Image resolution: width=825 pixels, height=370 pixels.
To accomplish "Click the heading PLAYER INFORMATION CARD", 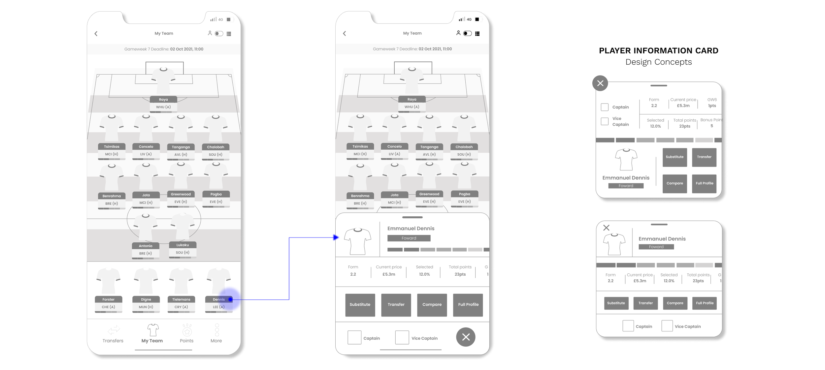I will pos(658,50).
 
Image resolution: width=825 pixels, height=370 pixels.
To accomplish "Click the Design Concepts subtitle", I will pos(658,62).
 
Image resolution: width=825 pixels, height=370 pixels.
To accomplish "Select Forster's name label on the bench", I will pos(109,299).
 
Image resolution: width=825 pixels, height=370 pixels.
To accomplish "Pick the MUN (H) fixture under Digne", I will pos(146,307).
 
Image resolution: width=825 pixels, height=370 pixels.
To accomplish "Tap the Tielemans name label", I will pos(181,299).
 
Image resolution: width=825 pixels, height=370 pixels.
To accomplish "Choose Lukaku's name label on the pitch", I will pos(182,245).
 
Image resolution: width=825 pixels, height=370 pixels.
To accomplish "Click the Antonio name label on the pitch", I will pos(146,246).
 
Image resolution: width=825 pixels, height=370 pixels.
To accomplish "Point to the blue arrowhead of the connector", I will pos(336,237).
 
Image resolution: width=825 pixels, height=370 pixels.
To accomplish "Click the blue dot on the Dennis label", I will pos(230,299).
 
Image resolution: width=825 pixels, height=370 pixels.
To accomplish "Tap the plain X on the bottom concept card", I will pos(606,228).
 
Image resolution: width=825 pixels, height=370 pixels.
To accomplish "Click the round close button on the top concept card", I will pos(600,83).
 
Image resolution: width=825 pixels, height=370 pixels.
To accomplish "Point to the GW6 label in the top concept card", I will pos(712,100).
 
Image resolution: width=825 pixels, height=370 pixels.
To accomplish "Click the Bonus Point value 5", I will pos(712,126).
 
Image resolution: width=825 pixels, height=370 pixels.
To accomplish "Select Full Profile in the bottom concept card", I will pos(705,303).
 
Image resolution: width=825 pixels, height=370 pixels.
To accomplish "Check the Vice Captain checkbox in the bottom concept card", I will pos(667,326).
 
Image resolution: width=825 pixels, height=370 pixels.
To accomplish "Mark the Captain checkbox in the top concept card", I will pos(605,107).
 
